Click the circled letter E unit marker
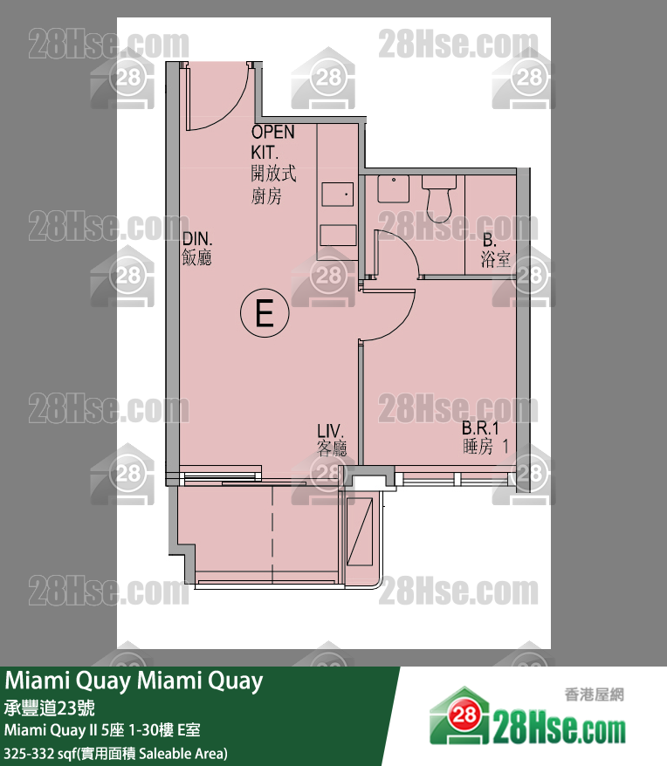coord(264,311)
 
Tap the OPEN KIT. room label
coord(272,142)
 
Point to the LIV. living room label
coord(331,432)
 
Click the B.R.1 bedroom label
coord(479,428)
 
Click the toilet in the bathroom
coord(438,196)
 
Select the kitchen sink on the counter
coord(337,194)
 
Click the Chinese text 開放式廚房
coord(272,186)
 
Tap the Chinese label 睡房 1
coord(485,447)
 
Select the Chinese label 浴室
coord(495,258)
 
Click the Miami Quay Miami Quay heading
coord(134,681)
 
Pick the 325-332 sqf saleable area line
coord(115,752)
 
